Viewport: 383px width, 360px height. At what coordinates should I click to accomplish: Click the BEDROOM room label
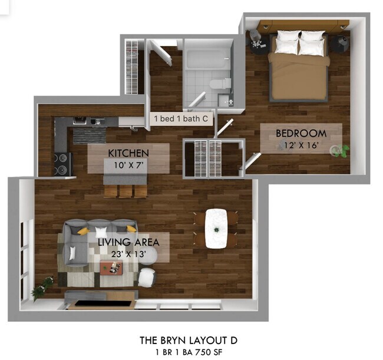point(301,133)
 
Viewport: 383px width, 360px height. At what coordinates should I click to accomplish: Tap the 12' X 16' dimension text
point(301,144)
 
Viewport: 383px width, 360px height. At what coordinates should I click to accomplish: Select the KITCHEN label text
point(128,153)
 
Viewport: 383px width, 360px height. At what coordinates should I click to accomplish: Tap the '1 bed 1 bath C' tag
point(181,118)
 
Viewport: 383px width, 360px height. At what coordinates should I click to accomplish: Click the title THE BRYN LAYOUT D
point(191,340)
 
